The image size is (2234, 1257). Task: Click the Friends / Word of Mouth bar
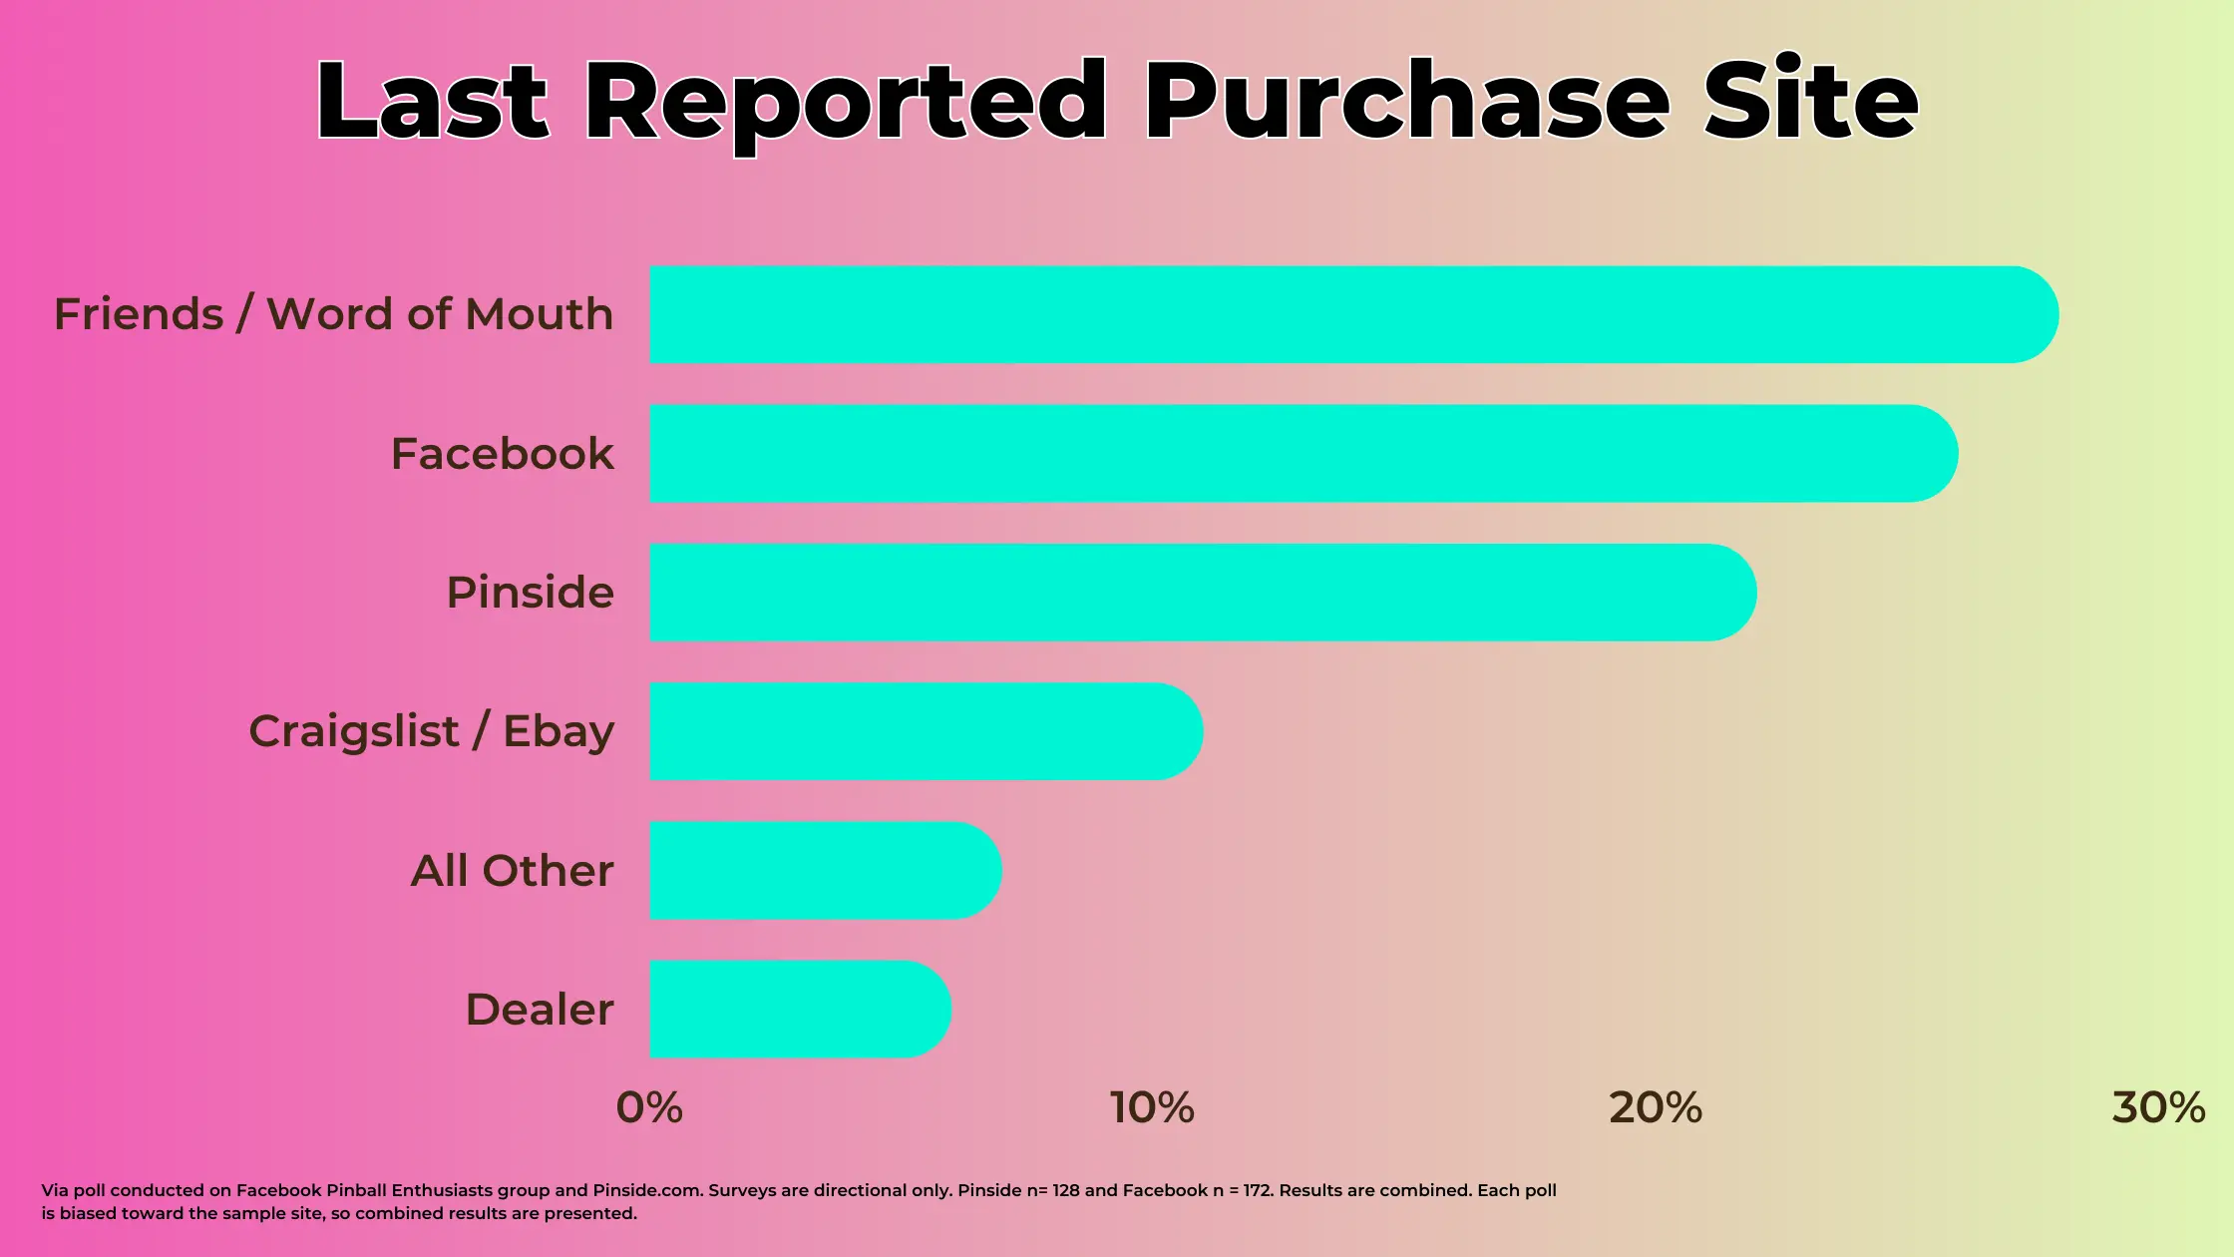(x=1353, y=314)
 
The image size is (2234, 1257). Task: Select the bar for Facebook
(x=1303, y=453)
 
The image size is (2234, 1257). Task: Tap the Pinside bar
(x=1203, y=593)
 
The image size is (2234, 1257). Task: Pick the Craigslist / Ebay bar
(x=926, y=731)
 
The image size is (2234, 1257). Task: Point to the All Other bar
(x=825, y=870)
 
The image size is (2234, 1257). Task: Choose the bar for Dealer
(x=800, y=1009)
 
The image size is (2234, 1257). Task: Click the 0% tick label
(x=649, y=1107)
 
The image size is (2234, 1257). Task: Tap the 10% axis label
(x=1152, y=1107)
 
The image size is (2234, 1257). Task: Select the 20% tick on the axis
(x=1656, y=1107)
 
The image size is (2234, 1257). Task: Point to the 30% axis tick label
(x=2158, y=1107)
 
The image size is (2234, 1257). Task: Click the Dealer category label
(x=540, y=1010)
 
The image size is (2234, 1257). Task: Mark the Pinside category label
(x=530, y=593)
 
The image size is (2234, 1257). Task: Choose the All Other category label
(x=512, y=871)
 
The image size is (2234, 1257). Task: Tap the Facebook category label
(x=502, y=454)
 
